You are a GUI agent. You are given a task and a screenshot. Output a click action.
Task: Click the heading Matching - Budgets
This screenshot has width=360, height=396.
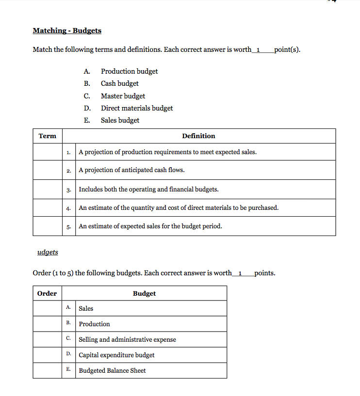click(x=67, y=31)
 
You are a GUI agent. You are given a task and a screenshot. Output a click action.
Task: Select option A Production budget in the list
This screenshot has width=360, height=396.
click(x=129, y=71)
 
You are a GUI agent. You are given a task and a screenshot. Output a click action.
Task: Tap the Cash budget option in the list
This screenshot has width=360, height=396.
click(x=119, y=83)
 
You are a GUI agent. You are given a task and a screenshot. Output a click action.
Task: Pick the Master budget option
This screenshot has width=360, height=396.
click(x=123, y=96)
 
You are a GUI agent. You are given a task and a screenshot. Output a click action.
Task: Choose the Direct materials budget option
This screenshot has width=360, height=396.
click(x=136, y=108)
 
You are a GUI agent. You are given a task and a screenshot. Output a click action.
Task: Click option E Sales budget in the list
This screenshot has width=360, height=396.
click(x=120, y=120)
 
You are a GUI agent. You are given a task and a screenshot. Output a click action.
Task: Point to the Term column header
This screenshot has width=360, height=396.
click(x=48, y=136)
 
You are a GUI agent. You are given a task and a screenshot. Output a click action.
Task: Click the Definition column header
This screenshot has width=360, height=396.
click(x=198, y=136)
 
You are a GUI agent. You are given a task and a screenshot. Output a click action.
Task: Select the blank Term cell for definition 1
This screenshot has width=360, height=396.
click(x=48, y=152)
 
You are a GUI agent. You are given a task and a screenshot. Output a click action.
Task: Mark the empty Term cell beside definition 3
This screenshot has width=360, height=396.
click(x=48, y=190)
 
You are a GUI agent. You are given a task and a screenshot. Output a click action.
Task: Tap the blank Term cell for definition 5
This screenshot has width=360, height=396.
click(x=48, y=226)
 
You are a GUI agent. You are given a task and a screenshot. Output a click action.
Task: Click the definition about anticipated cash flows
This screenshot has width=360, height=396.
click(x=131, y=170)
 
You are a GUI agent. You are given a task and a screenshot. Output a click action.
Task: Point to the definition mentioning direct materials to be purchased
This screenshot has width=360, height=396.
click(x=179, y=208)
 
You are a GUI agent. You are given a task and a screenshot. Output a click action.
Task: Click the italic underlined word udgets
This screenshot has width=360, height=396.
click(x=48, y=252)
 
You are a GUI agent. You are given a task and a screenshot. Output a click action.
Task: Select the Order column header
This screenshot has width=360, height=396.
click(x=47, y=294)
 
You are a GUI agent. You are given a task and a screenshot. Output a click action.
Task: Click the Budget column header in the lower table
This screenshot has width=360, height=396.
click(x=144, y=294)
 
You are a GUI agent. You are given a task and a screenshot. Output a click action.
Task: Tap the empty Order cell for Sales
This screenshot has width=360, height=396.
click(x=47, y=308)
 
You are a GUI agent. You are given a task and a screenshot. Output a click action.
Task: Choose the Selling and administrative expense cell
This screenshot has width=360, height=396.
click(x=127, y=339)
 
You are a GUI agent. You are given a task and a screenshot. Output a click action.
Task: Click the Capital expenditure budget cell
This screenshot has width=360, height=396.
click(x=116, y=355)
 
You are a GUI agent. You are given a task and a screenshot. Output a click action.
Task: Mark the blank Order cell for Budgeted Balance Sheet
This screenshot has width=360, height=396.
click(x=47, y=370)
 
